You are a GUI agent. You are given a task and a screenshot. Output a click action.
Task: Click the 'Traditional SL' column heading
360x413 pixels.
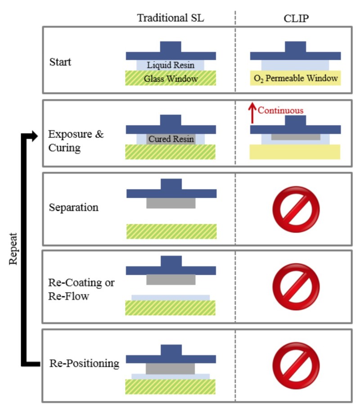pos(171,18)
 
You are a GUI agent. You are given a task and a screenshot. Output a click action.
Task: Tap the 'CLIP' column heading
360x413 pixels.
pos(296,18)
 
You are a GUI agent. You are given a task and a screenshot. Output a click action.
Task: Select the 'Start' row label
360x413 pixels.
pos(60,62)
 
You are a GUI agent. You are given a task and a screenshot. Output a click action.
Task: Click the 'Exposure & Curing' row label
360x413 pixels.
pos(76,141)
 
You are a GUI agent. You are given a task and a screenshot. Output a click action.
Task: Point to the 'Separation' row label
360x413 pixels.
pos(74,207)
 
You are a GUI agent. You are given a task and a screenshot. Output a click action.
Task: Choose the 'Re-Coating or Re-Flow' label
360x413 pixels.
pos(81,289)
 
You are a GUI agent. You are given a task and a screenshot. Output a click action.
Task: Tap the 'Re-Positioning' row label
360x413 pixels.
pos(84,363)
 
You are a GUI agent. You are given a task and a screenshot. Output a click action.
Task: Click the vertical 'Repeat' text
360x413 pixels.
pos(13,249)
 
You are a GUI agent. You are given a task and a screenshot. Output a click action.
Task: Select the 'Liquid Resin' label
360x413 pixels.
pos(171,65)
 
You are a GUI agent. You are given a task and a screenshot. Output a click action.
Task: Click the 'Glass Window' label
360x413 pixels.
pos(171,78)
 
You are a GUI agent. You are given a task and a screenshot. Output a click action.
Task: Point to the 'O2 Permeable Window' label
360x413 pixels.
pos(296,78)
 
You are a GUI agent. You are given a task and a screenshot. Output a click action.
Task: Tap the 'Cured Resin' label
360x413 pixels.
pos(171,139)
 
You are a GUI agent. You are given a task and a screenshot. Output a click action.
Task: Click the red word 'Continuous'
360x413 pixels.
pos(280,110)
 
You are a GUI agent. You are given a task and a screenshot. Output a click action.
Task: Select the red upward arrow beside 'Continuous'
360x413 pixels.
pos(252,113)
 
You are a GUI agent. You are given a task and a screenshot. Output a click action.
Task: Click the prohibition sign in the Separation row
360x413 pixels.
pos(296,209)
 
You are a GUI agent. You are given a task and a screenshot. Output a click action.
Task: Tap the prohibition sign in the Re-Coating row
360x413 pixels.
pos(296,287)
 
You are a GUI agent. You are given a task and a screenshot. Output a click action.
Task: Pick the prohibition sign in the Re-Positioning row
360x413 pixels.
pos(296,366)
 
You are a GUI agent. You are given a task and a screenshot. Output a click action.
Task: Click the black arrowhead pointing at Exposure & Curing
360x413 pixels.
pos(35,136)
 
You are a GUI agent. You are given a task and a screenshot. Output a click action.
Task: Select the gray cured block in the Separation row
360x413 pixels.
pos(171,203)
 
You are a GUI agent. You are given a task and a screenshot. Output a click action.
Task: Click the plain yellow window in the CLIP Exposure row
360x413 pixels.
pos(295,152)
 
